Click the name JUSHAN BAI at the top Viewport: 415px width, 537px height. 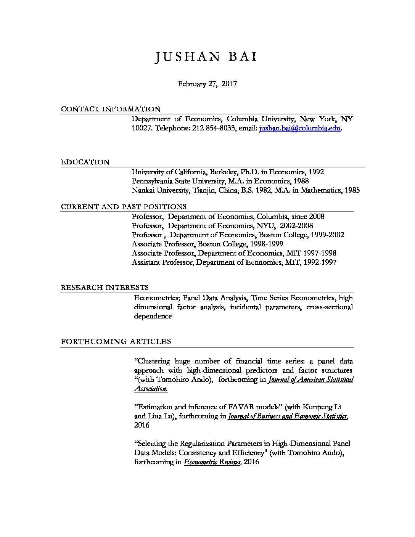pyautogui.click(x=206, y=57)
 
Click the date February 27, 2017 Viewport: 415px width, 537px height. pyautogui.click(x=207, y=84)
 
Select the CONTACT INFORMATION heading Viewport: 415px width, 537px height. pyautogui.click(x=111, y=109)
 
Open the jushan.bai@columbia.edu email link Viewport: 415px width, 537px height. pyautogui.click(x=299, y=129)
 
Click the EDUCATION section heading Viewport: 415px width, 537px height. pyautogui.click(x=85, y=162)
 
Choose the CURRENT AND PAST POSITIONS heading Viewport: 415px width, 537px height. pyautogui.click(x=124, y=207)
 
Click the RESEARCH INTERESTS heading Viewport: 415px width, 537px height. pyautogui.click(x=105, y=287)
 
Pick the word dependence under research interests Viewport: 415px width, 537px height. pyautogui.click(x=153, y=316)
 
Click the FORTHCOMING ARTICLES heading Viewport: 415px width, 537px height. pyautogui.click(x=116, y=341)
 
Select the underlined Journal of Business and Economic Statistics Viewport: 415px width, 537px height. pyautogui.click(x=287, y=416)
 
